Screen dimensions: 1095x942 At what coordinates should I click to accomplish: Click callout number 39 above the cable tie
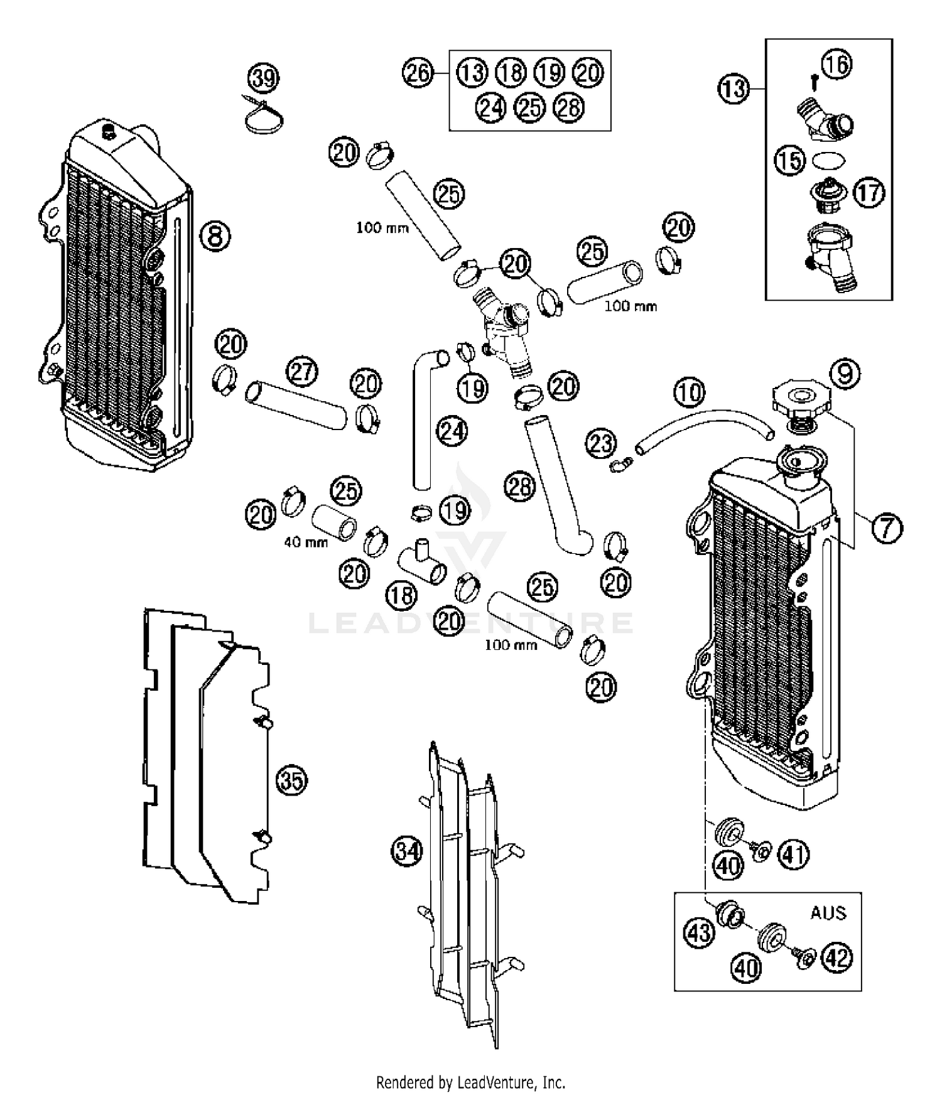tap(263, 78)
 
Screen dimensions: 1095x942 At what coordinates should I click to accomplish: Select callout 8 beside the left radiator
tap(215, 237)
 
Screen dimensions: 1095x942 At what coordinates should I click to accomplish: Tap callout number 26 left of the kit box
tap(418, 73)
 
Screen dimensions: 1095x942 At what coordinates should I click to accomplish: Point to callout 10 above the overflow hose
tap(690, 393)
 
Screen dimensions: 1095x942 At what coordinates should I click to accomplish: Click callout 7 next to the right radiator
tap(886, 527)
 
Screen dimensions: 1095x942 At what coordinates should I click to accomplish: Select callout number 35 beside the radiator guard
tap(291, 781)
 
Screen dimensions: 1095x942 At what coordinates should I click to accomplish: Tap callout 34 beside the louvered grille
tap(407, 851)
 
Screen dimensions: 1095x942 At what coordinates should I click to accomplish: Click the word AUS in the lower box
tap(828, 912)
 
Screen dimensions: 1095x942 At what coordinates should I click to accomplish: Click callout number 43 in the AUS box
tap(699, 932)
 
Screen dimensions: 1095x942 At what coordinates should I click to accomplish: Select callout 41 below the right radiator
tap(794, 855)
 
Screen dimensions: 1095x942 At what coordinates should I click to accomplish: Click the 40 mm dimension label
tap(306, 542)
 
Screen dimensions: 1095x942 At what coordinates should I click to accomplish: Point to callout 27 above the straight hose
tap(302, 372)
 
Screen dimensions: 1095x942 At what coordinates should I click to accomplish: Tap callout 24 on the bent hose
tap(452, 431)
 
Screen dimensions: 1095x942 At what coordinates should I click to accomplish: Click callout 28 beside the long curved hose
tap(520, 487)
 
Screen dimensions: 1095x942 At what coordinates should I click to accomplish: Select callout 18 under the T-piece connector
tap(402, 594)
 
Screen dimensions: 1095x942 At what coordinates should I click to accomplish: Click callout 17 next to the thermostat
tap(869, 192)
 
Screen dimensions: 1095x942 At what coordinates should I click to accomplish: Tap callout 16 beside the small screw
tap(836, 64)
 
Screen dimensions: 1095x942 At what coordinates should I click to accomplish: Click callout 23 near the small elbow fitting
tap(601, 443)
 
